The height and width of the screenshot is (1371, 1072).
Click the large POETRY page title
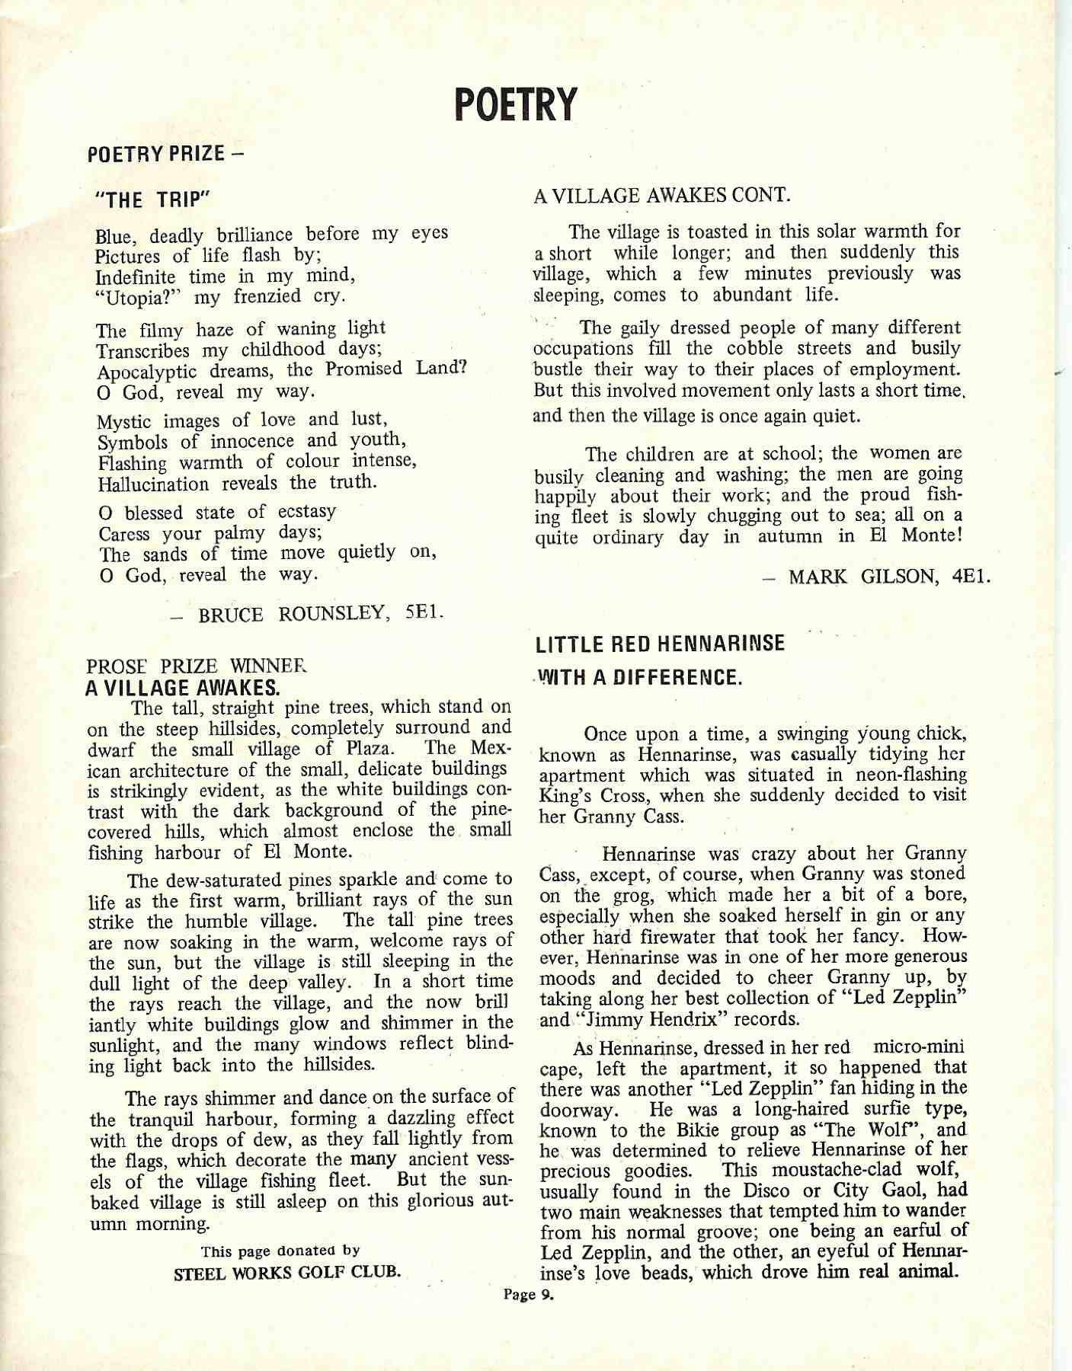tap(515, 105)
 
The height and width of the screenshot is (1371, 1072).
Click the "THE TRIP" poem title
tap(152, 200)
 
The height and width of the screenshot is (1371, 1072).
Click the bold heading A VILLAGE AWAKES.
tap(183, 689)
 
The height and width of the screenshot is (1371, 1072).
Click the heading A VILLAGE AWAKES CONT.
tap(661, 196)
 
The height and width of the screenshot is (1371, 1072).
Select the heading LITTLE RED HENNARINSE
tap(660, 644)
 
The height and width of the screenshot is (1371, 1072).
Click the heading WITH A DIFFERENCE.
tap(640, 678)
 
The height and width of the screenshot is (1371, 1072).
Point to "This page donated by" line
tap(280, 1251)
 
